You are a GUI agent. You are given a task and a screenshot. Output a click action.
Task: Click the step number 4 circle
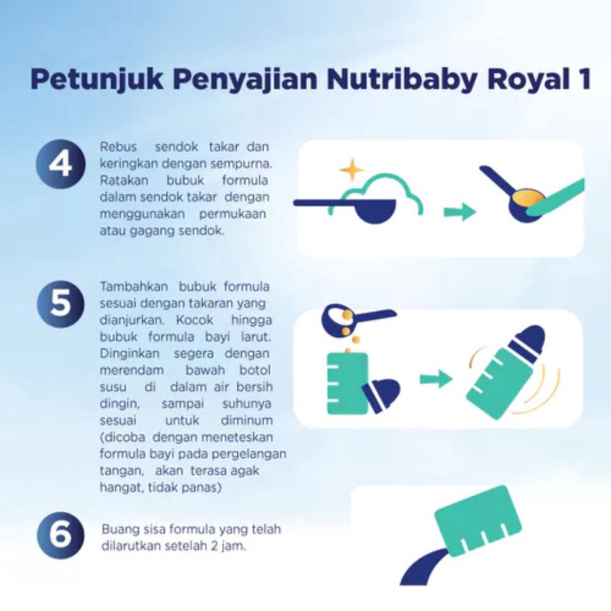(x=60, y=165)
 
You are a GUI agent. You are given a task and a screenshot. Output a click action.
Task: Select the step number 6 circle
(x=60, y=536)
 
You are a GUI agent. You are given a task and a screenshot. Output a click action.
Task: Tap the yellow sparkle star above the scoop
(x=352, y=169)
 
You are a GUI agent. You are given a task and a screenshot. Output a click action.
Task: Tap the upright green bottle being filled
(x=347, y=384)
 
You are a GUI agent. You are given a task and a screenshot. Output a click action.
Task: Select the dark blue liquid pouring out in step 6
(x=421, y=567)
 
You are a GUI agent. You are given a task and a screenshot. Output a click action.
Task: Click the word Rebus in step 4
(x=117, y=147)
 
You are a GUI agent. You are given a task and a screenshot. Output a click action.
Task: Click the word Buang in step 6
(x=117, y=529)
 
